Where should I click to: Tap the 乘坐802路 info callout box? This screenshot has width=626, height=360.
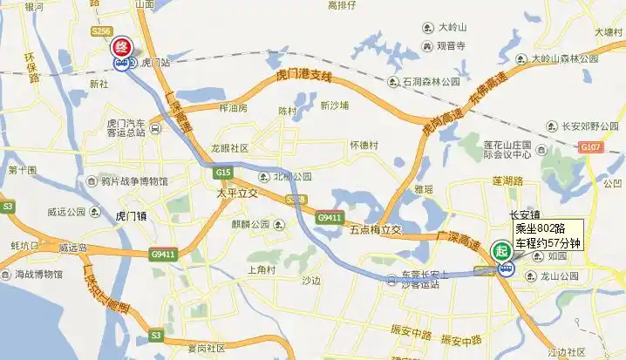[547, 235]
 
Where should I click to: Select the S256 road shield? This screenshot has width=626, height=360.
[101, 31]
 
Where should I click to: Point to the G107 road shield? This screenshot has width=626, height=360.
[594, 148]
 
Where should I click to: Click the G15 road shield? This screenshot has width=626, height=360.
[223, 173]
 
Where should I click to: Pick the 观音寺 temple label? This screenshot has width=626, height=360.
[452, 45]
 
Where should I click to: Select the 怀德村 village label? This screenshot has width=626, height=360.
[364, 146]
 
